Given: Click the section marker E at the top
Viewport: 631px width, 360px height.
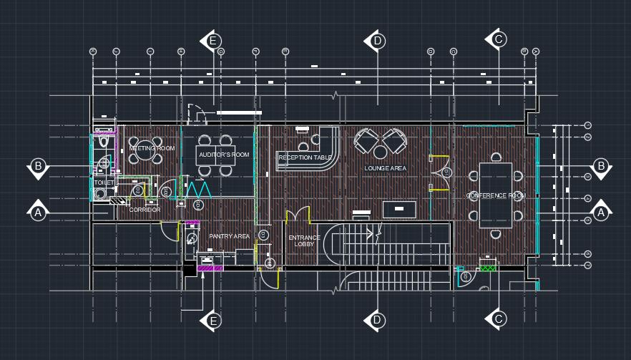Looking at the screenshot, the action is (212, 41).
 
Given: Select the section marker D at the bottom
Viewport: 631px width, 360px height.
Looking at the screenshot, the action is (377, 320).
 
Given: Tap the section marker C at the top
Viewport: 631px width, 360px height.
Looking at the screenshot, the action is (499, 39).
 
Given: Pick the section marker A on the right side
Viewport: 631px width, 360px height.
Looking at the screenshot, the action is (600, 213).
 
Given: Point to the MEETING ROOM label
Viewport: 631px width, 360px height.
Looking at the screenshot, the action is (152, 148).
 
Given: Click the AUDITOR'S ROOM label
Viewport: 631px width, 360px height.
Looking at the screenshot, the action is (223, 155).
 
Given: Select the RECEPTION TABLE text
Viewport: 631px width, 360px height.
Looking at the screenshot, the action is (305, 157).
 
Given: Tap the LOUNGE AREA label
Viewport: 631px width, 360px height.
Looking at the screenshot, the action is (385, 168).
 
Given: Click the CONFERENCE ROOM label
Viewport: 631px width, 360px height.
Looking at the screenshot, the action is (496, 195).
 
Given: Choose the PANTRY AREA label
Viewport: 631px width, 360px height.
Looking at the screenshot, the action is (229, 236).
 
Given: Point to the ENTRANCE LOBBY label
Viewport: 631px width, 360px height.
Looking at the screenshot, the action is (305, 240).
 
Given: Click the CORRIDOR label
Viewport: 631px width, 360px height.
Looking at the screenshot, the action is (145, 210).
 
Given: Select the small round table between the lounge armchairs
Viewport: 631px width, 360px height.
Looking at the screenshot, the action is (380, 151).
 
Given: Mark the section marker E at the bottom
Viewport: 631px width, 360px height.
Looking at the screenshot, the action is (212, 321).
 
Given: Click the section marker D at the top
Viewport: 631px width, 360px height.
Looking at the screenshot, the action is (377, 41).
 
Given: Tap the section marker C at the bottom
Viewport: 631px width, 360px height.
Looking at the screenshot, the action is (499, 319).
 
